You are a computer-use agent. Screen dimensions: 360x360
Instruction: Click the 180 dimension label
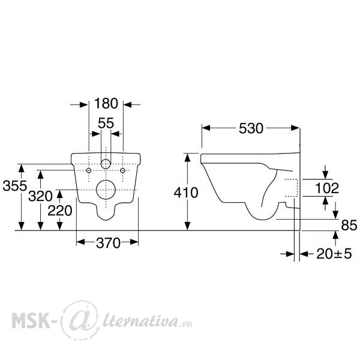coord(106,104)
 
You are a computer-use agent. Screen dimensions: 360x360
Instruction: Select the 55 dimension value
coord(106,123)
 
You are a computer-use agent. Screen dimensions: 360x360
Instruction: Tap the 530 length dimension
coord(251,128)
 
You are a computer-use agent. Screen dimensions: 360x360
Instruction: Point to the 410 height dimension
coord(186,193)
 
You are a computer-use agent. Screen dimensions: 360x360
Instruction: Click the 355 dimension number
coord(15,186)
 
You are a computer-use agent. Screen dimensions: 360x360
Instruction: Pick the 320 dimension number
coord(40,196)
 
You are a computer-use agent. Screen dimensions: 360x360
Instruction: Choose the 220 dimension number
coord(59,211)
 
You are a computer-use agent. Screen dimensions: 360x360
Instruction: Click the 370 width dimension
coord(108,243)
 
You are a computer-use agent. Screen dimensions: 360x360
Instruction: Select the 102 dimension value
coord(327,188)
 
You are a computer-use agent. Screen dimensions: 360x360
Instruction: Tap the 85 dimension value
coord(349,225)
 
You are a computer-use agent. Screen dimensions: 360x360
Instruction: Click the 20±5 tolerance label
coord(334,254)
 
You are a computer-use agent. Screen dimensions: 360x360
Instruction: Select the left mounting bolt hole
coord(89,170)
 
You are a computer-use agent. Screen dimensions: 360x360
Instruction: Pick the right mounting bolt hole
coord(122,170)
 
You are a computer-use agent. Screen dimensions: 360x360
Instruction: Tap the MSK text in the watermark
coord(31,320)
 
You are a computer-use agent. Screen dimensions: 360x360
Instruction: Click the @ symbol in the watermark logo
coord(80,320)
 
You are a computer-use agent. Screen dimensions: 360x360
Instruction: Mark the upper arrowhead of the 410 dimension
coord(188,157)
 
